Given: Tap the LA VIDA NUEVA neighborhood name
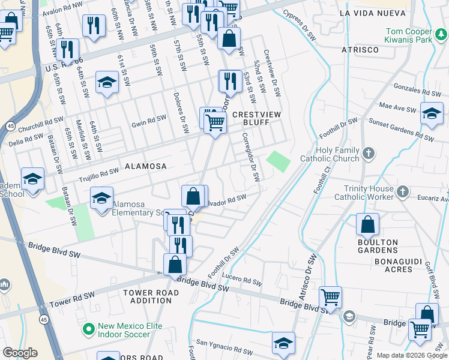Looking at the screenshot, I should [369, 13].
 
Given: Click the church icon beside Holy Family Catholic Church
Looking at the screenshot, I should [369, 154].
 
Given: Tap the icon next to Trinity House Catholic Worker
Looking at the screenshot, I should [403, 193].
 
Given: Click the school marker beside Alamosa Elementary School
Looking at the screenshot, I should [102, 198].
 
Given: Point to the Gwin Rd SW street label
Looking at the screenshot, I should [148, 121].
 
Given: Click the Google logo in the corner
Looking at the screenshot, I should [20, 353].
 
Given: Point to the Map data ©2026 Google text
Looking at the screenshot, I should [411, 355].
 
